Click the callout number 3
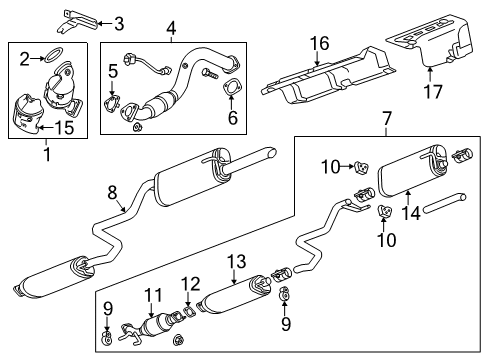pyautogui.click(x=147, y=23)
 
